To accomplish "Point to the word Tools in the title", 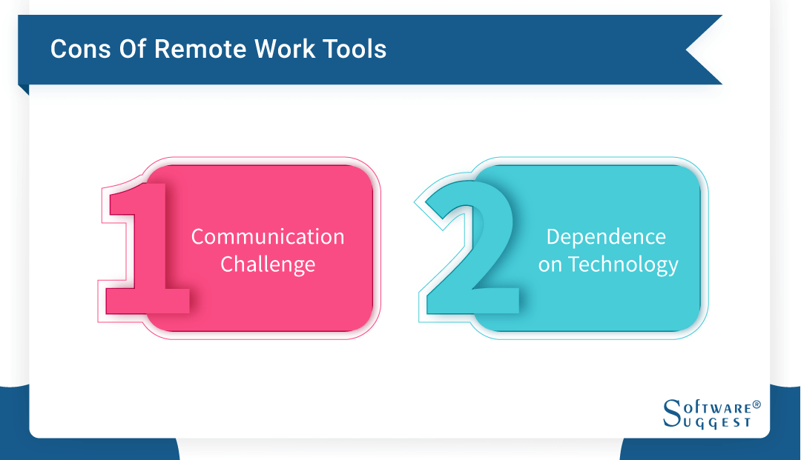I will point(355,50).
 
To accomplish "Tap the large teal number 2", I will point(467,244).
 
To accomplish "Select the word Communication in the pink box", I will point(268,237).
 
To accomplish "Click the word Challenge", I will point(268,264).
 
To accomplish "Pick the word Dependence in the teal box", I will point(606,237).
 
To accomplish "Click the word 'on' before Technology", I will point(550,265).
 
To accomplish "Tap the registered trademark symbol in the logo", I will point(756,405).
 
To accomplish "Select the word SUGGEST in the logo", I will point(715,422).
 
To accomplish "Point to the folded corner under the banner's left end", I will point(23,89).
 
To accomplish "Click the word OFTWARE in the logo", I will point(715,407).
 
